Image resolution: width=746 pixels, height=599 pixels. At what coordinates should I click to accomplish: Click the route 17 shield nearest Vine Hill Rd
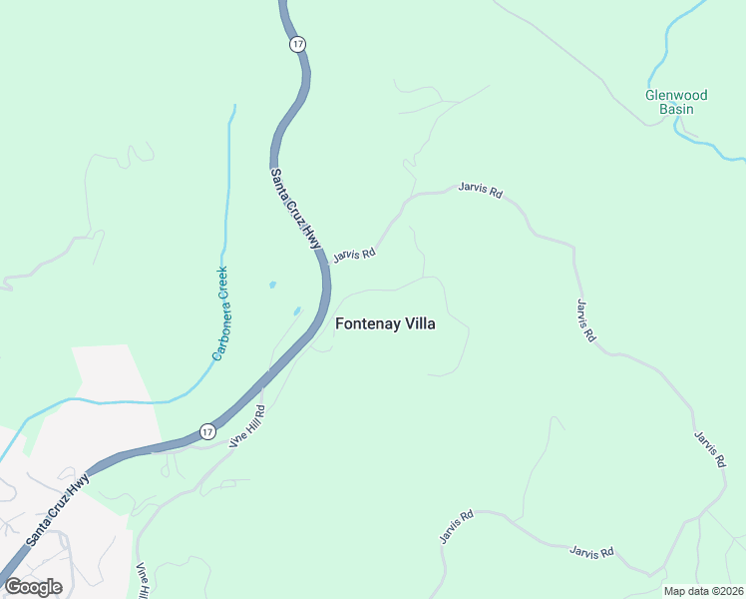206,431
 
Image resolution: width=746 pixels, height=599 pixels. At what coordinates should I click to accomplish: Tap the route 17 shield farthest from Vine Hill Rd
297,44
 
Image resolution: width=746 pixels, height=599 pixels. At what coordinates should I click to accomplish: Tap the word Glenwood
676,96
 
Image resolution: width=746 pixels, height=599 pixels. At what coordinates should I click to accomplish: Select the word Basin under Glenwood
676,109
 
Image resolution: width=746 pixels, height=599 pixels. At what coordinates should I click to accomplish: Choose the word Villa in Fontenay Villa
417,323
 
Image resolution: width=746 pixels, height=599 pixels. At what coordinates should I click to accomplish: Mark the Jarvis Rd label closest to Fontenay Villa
354,255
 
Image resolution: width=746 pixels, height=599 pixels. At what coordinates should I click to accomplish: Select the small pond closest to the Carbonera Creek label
272,286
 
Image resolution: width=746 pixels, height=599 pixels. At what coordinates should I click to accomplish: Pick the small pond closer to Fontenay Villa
296,310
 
